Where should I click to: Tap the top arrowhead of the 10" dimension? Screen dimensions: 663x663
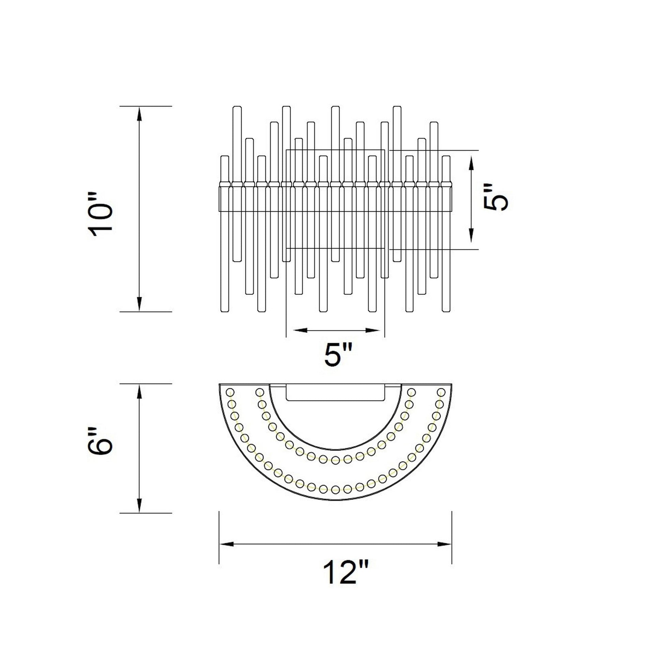pos(139,113)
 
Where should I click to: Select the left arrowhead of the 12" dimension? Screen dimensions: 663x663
pos(227,544)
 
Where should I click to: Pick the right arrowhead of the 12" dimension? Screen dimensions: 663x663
pos(444,544)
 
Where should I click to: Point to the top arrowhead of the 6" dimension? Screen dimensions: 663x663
pos(139,391)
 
